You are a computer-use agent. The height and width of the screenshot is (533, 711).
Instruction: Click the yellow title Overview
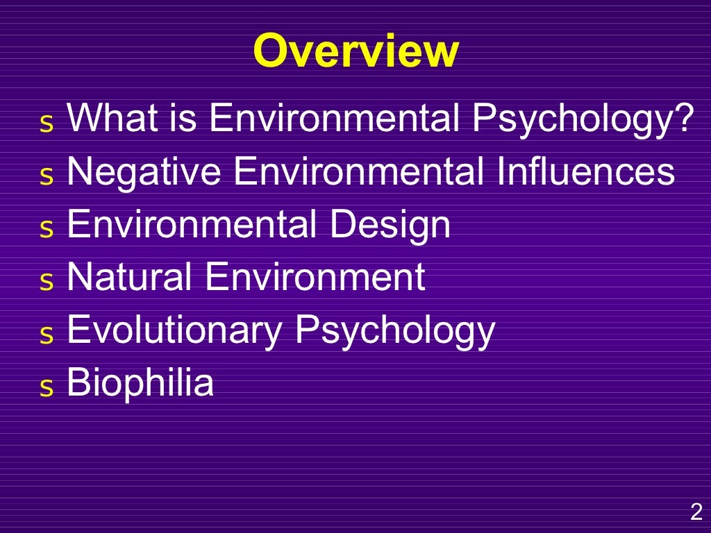[x=355, y=51]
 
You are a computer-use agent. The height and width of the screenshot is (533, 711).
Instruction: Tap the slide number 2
[x=695, y=513]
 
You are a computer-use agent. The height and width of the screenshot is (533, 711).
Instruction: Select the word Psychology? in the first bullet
[x=583, y=119]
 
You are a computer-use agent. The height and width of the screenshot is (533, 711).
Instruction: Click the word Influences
[x=585, y=171]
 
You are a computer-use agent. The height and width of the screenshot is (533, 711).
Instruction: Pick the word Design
[x=390, y=225]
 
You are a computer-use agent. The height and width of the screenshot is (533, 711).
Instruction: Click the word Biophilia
[x=140, y=382]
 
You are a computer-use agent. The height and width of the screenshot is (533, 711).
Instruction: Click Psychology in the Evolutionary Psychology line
[x=395, y=330]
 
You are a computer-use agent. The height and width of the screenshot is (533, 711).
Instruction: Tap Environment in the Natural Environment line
[x=315, y=277]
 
